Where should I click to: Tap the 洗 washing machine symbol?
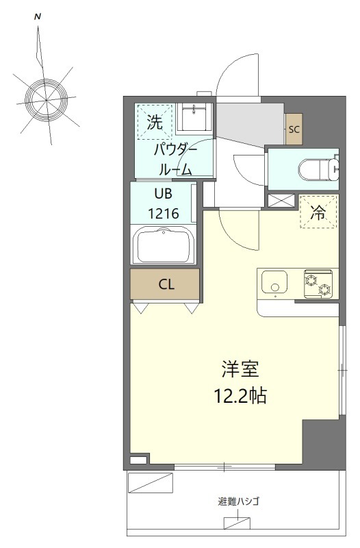coord(155,122)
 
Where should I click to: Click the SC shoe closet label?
coord(294,129)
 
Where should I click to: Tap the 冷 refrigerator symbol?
coord(318,212)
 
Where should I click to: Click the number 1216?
coord(164,213)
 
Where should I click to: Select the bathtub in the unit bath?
coord(165,245)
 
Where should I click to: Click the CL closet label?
coord(166,284)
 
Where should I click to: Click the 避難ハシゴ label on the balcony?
coord(238,501)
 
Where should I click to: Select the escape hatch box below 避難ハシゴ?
coord(237,523)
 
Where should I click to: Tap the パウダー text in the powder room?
coord(175,150)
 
